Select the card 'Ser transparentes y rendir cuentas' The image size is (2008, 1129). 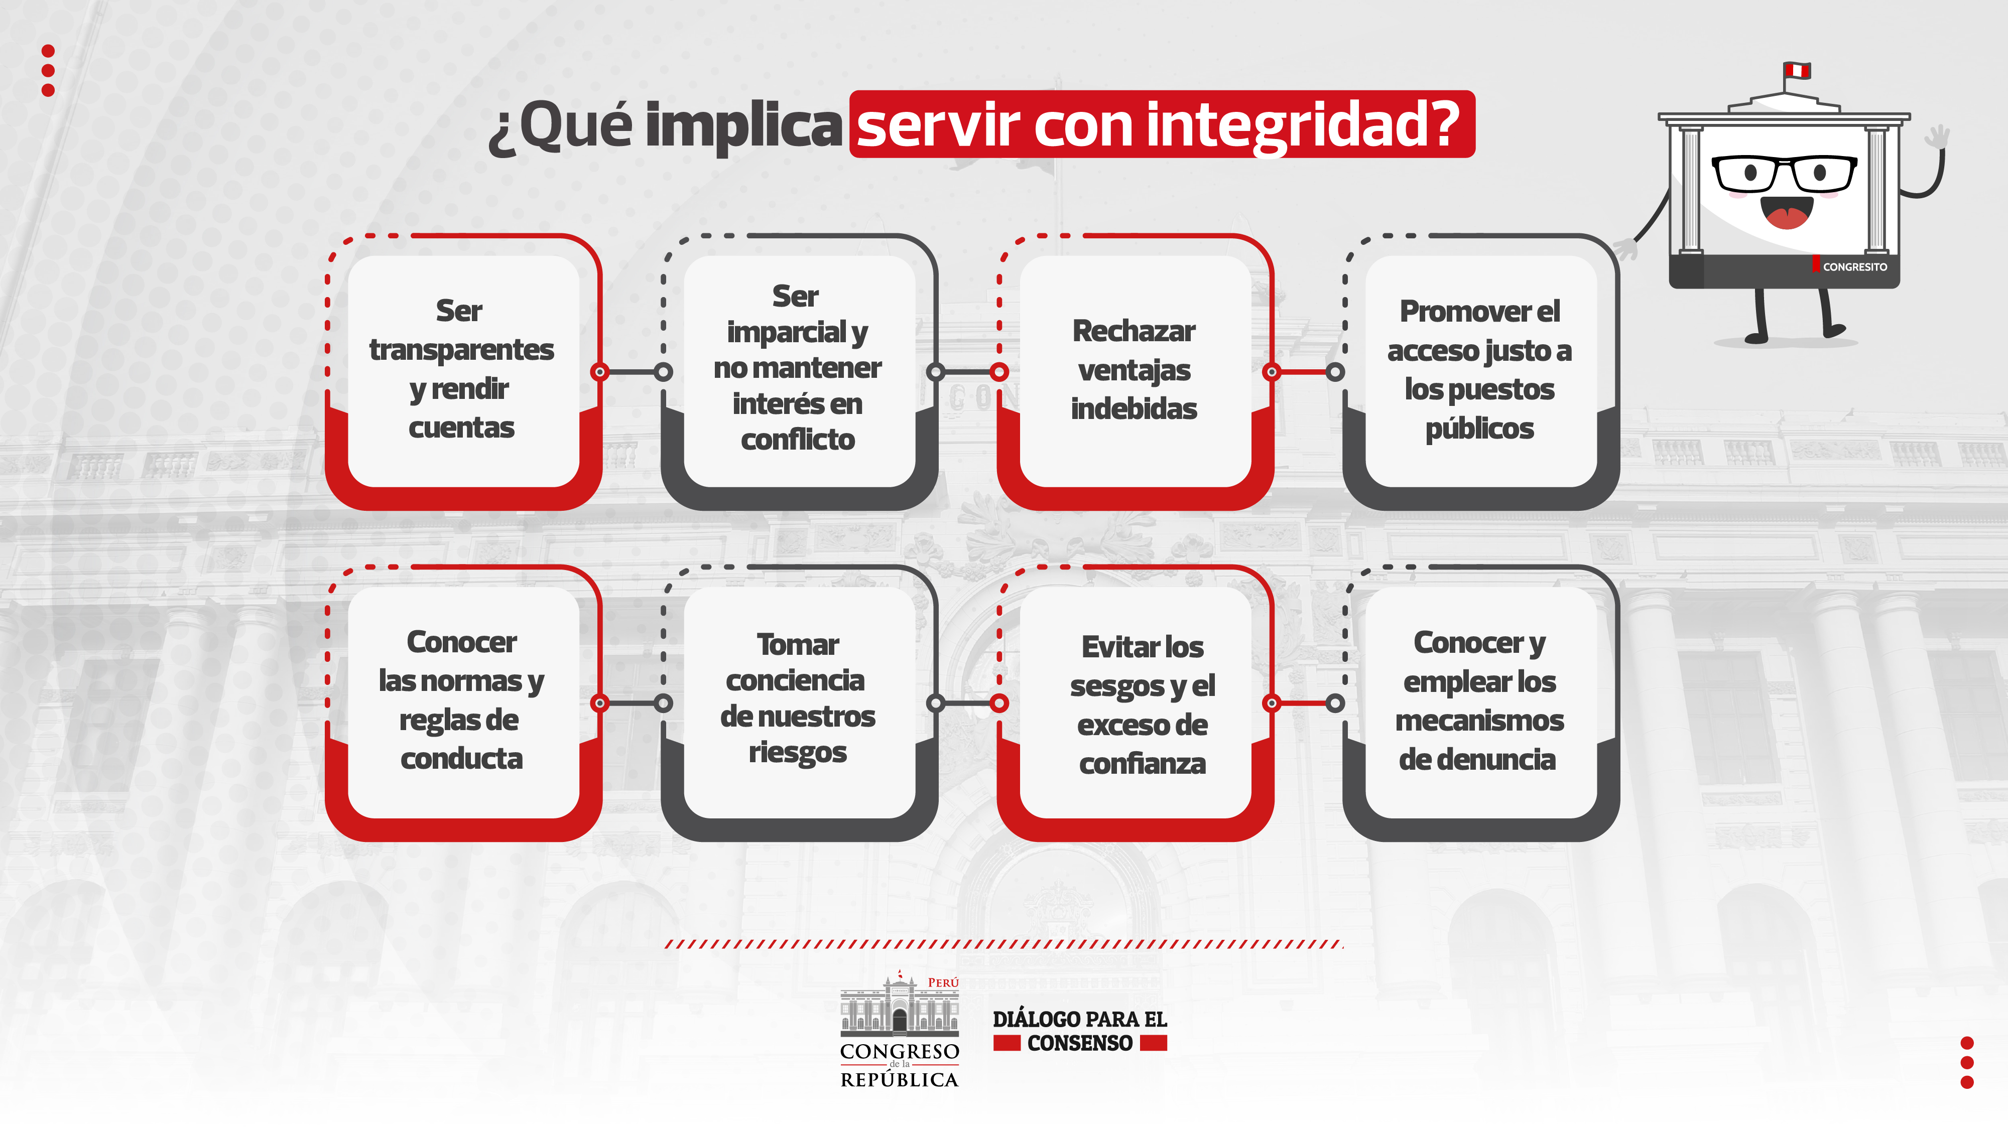click(463, 372)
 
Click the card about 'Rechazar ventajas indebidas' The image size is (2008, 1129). click(1135, 372)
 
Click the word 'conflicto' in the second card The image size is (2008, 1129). click(798, 440)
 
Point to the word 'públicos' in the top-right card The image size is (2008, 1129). click(1479, 429)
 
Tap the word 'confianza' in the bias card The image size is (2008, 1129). click(1142, 764)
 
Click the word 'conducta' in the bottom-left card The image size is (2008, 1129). click(461, 759)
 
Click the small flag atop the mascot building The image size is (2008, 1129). click(1798, 71)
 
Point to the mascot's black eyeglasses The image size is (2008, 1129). click(1784, 173)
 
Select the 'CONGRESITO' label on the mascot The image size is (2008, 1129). click(1854, 266)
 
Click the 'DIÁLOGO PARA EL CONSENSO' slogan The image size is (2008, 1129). click(1080, 1031)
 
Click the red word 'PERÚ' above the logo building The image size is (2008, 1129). click(943, 982)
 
